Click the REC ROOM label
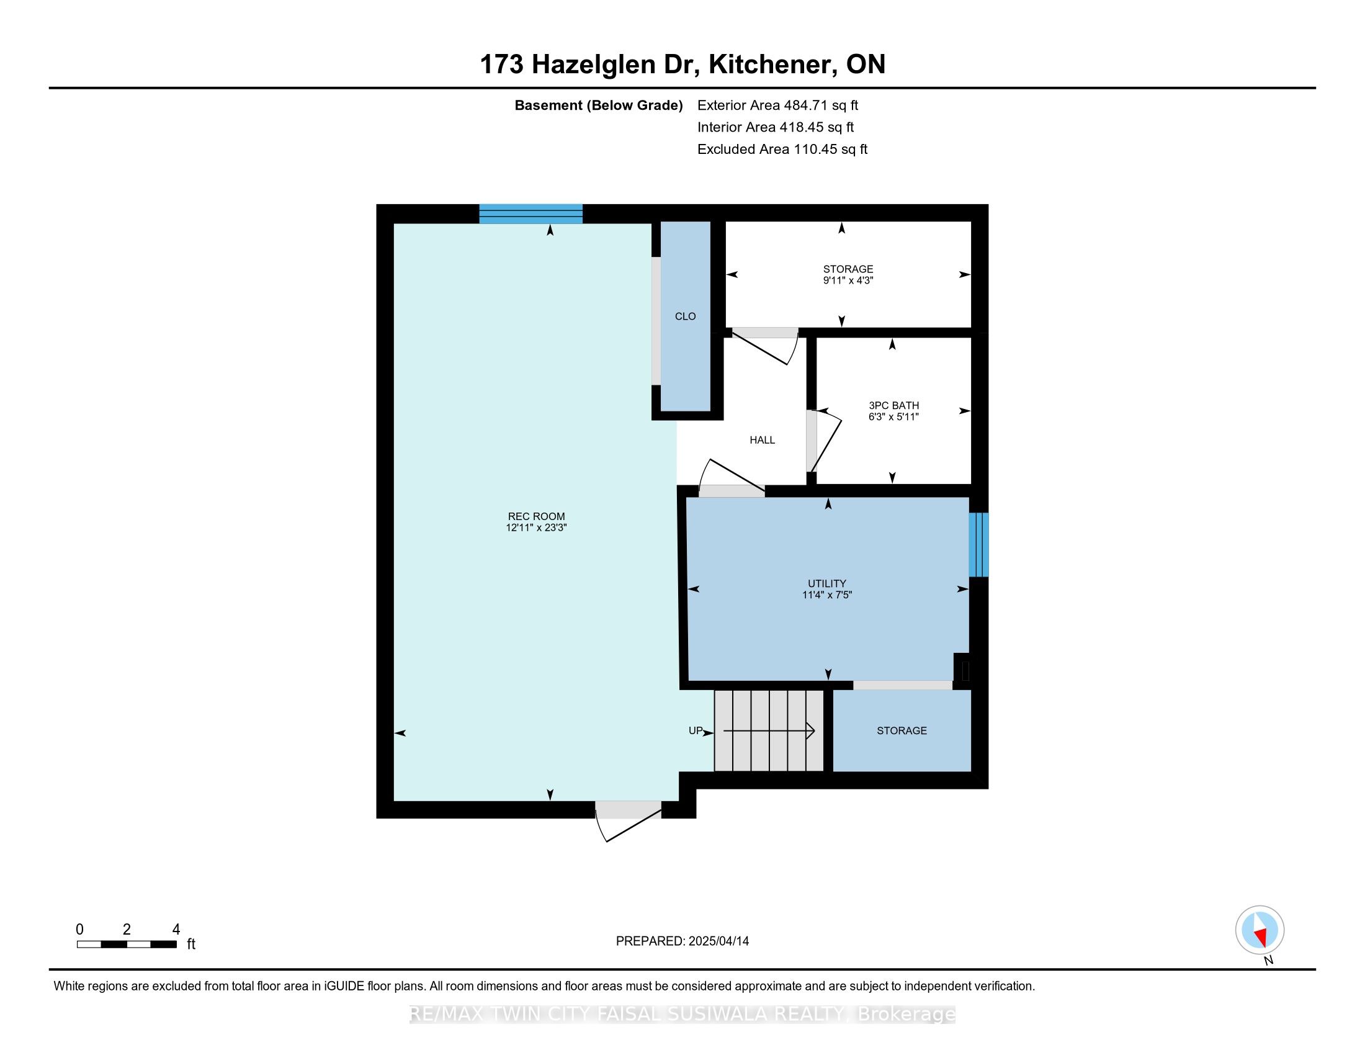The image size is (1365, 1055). [x=535, y=516]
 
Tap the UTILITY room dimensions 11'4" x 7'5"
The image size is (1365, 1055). [x=827, y=595]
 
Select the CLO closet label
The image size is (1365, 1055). [x=685, y=316]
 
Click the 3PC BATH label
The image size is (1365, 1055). [x=893, y=405]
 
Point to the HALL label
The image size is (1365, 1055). [x=762, y=440]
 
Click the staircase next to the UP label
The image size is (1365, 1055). [x=769, y=730]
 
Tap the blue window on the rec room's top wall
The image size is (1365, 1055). [x=530, y=213]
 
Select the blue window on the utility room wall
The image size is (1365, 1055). [x=978, y=544]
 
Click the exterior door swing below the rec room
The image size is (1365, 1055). [x=628, y=821]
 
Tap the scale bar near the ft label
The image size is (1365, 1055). [x=127, y=945]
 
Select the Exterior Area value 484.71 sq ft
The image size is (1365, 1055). [x=821, y=105]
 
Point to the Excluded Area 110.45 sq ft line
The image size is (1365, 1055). [x=782, y=149]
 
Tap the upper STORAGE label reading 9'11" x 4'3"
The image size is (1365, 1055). [x=848, y=275]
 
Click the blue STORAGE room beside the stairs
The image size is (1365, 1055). [x=902, y=730]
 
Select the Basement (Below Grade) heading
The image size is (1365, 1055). [x=598, y=105]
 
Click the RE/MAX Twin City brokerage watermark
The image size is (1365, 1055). [x=682, y=1014]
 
